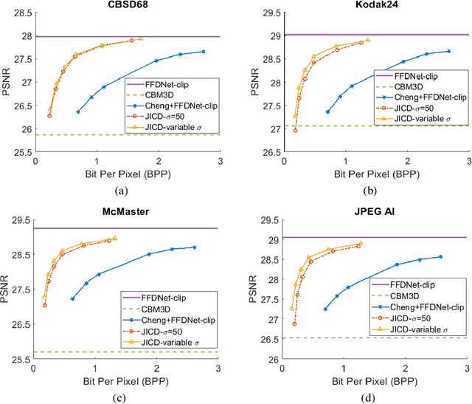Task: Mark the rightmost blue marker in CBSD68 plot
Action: click(203, 52)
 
